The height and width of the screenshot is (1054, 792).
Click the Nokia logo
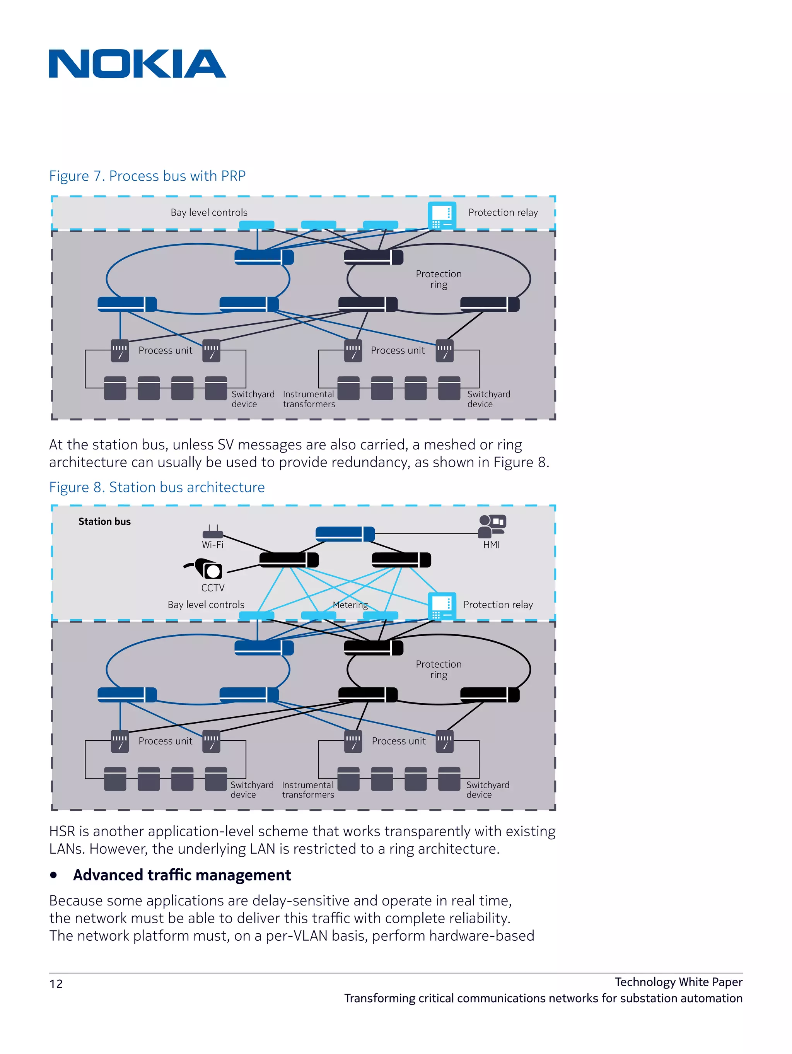tap(137, 64)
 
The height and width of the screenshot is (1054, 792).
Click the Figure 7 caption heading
tap(147, 176)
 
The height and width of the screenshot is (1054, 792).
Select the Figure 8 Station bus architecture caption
tap(157, 487)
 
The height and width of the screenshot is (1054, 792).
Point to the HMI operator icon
tap(492, 526)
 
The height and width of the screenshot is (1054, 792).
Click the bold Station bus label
tap(104, 521)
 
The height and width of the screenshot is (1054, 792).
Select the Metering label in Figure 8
tap(350, 605)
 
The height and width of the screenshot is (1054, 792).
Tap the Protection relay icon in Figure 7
tap(441, 216)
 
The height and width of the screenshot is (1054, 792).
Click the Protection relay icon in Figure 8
tap(441, 606)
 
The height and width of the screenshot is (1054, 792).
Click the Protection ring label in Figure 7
tap(439, 279)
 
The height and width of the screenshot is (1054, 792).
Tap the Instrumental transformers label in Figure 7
tap(309, 399)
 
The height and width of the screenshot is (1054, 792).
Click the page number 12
tap(56, 984)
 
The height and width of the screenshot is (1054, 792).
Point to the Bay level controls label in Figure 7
tap(209, 212)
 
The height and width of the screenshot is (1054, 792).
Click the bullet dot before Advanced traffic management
tap(54, 875)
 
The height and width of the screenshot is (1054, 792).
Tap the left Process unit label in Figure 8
tap(166, 741)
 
